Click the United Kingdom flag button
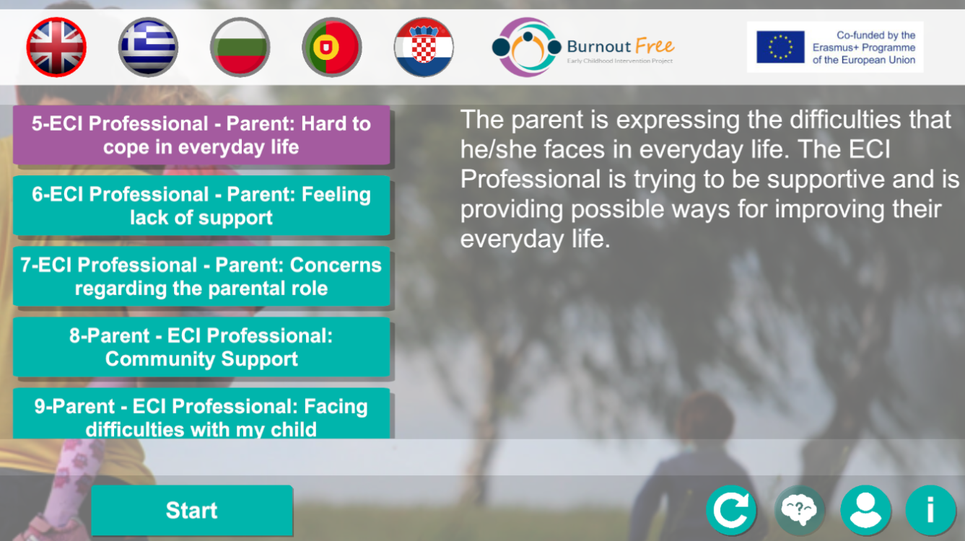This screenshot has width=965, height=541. click(56, 47)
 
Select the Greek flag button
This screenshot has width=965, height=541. click(148, 47)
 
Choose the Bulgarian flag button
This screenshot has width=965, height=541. click(240, 47)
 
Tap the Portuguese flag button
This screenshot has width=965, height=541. click(332, 47)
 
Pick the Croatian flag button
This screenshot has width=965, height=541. click(424, 47)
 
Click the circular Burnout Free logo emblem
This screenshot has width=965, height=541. click(526, 47)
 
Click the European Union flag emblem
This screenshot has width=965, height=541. click(780, 47)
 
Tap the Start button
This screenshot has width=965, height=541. click(192, 511)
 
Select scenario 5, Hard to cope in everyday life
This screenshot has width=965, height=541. click(201, 135)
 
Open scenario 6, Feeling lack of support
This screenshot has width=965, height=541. click(201, 206)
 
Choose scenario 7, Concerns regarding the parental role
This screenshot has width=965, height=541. click(201, 276)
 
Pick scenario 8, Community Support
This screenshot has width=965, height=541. click(201, 347)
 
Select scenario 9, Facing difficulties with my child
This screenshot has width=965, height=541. click(201, 413)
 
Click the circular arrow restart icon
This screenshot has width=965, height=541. click(731, 510)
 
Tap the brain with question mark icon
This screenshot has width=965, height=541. click(799, 510)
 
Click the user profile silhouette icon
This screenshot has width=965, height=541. click(865, 510)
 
